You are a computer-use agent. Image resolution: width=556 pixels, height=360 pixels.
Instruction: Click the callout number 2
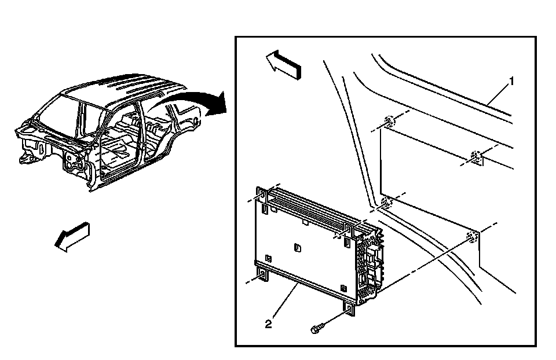pos(268,325)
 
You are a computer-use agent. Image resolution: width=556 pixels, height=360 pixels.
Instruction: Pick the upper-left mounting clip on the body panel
pos(388,123)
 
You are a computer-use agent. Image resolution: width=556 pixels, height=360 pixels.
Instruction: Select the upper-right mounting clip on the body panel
pos(476,156)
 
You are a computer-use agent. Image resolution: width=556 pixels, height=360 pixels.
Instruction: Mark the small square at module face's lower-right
pos(343,287)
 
